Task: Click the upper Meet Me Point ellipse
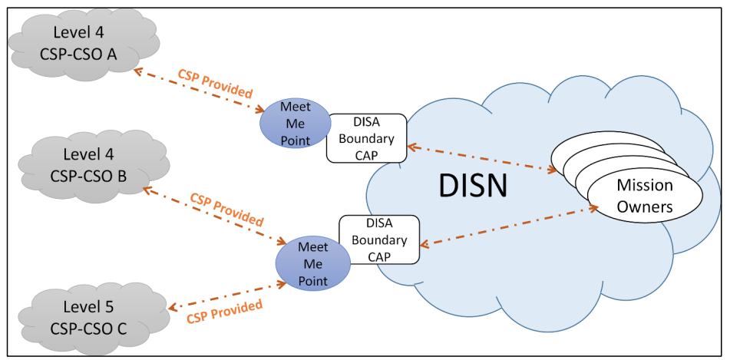point(296,122)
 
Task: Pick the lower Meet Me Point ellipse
point(312,263)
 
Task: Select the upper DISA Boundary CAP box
point(366,138)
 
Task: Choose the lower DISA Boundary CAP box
point(379,239)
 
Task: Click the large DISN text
point(473,185)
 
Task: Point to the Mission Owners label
point(645,196)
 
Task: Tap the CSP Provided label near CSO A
point(215,84)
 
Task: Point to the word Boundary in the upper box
point(366,139)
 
